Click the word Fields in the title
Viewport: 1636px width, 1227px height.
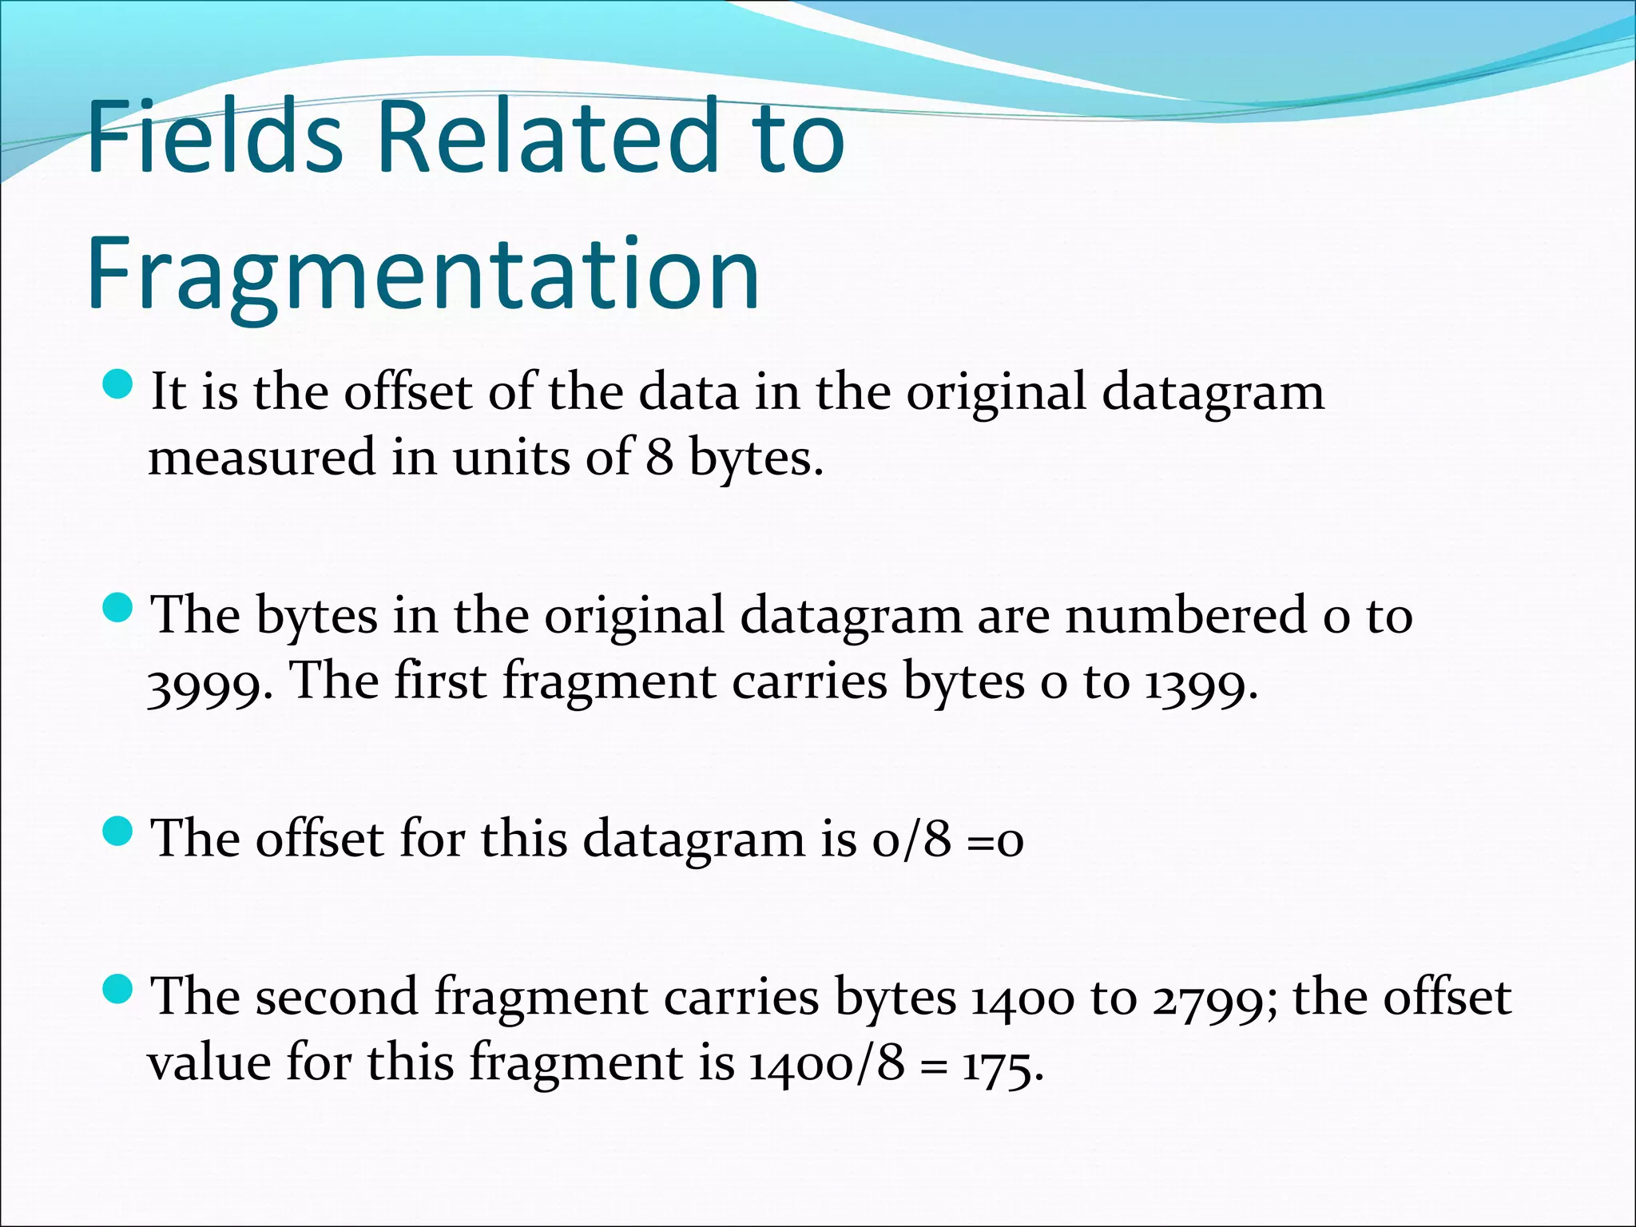pos(215,136)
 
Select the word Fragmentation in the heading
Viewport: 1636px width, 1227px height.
pos(423,275)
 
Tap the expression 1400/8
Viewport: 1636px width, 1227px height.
pos(827,1064)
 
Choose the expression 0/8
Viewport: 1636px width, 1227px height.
pos(911,840)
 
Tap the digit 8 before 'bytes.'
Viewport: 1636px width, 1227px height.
pos(659,459)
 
